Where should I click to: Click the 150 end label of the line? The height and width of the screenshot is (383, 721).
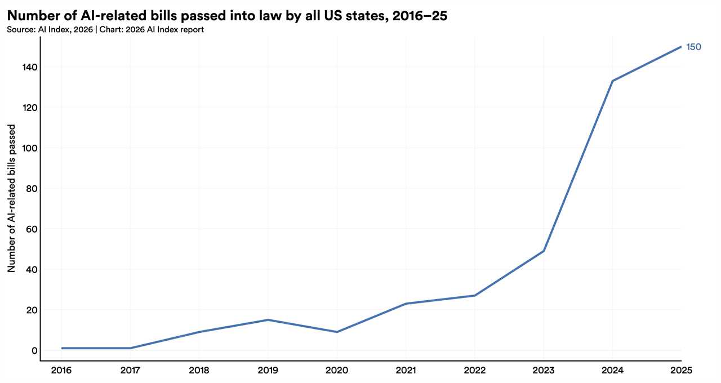pos(693,47)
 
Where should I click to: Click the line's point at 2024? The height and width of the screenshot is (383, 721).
pos(612,81)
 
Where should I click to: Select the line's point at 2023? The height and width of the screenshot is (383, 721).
pos(544,251)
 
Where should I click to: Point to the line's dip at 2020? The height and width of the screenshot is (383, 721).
pos(337,332)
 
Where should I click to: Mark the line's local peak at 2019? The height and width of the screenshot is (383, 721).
pos(268,320)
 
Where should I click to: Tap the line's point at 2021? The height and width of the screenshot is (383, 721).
pos(406,304)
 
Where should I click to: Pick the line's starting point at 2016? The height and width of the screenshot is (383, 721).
pos(62,348)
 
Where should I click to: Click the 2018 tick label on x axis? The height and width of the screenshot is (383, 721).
pos(199,370)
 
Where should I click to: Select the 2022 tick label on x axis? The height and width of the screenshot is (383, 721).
pos(474,370)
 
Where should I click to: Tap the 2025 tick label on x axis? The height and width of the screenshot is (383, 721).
pos(680,370)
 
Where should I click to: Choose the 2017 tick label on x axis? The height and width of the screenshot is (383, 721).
pos(130,370)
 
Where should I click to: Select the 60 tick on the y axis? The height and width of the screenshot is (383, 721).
pos(33,229)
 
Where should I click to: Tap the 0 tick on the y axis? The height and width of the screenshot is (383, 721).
pos(35,350)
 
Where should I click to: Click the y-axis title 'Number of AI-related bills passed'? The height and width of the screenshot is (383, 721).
pos(11,199)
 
